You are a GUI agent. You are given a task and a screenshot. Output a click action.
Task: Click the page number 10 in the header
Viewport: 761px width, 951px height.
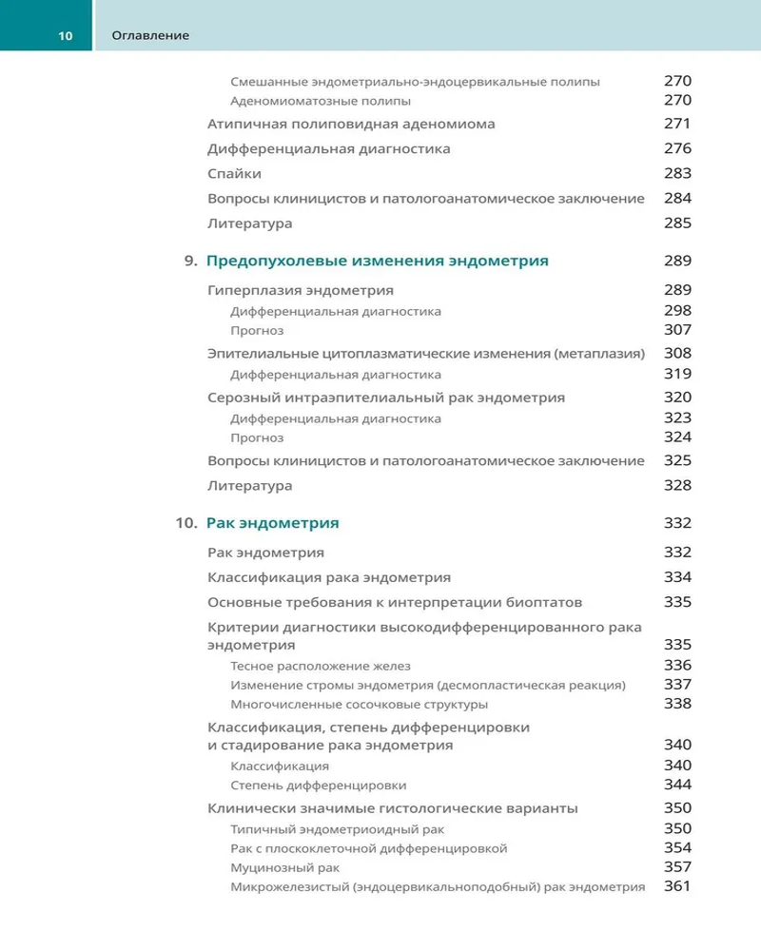pyautogui.click(x=65, y=35)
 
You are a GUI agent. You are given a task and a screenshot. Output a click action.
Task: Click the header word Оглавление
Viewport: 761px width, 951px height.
pyautogui.click(x=150, y=35)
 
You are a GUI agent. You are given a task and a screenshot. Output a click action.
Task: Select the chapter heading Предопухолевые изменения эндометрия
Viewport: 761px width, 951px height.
pyautogui.click(x=377, y=261)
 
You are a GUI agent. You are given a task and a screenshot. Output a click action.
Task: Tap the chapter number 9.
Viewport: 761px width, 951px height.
pyautogui.click(x=190, y=261)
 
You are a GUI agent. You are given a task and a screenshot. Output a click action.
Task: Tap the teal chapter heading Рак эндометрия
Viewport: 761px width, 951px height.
pyautogui.click(x=272, y=523)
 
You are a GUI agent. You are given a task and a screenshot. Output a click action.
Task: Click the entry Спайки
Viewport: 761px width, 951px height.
pyautogui.click(x=234, y=174)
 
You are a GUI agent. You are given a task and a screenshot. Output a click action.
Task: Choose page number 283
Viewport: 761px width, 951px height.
pyautogui.click(x=677, y=174)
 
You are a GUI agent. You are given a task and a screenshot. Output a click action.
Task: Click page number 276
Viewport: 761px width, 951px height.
pyautogui.click(x=677, y=148)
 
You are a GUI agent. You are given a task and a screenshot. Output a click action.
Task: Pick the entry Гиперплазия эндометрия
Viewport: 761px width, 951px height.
pyautogui.click(x=301, y=289)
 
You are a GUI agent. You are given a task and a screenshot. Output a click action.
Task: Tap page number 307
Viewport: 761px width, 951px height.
pyautogui.click(x=677, y=330)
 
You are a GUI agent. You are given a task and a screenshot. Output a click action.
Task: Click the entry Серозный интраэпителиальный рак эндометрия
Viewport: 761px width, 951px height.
pyautogui.click(x=386, y=398)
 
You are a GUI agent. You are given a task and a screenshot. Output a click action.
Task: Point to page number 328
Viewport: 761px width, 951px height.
pyautogui.click(x=677, y=485)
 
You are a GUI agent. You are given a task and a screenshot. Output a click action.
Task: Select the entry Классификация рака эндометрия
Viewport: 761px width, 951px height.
pyautogui.click(x=329, y=577)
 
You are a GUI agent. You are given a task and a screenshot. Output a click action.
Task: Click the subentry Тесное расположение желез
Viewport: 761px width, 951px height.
pyautogui.click(x=321, y=666)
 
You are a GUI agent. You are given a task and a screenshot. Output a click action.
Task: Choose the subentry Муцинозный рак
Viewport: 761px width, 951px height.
pyautogui.click(x=285, y=867)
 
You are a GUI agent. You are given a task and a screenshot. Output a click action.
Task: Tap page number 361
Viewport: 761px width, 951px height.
pyautogui.click(x=677, y=886)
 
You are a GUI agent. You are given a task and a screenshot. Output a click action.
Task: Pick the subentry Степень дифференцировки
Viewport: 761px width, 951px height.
pyautogui.click(x=319, y=786)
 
